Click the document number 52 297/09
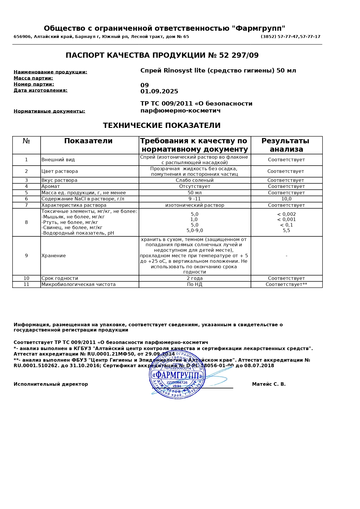pos(239,55)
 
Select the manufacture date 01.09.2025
pos(159,92)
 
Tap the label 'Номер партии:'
pos(34,84)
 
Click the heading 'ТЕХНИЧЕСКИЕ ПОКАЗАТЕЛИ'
pos(162,126)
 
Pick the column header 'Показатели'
pos(88,141)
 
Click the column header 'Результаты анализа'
pos(286,145)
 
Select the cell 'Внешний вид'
pos(58,160)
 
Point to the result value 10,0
pos(286,199)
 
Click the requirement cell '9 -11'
pos(195,199)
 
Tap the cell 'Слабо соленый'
pos(195,180)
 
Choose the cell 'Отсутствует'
pos(195,186)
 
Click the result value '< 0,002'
pos(286,214)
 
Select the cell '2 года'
pos(195,278)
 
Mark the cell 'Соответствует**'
pos(286,285)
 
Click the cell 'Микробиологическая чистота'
pos(78,285)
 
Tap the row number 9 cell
pos(26,256)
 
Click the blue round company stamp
pos(177,375)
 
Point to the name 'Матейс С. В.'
pos(269,384)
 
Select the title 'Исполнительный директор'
pos(51,384)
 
